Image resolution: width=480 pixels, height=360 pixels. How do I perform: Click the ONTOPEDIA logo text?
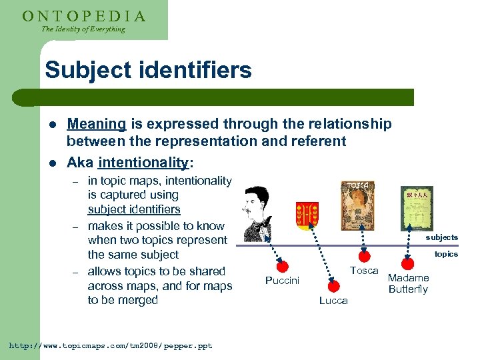84,15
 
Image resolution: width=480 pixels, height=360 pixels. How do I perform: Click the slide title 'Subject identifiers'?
148,70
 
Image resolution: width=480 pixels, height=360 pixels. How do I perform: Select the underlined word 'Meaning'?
97,124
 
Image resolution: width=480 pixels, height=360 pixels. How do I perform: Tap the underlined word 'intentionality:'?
145,162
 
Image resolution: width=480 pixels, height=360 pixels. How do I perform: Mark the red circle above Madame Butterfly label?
407,265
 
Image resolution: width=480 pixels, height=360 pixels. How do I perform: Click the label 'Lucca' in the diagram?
333,301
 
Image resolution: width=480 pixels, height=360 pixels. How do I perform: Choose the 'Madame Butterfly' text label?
408,283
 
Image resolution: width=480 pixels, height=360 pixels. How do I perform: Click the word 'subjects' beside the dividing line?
442,237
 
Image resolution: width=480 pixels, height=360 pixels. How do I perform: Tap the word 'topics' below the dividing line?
446,254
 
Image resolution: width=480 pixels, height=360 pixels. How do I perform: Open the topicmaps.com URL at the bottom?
110,346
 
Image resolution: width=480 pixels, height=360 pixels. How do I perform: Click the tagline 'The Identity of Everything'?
83,29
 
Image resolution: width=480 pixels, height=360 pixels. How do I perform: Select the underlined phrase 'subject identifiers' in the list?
134,209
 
